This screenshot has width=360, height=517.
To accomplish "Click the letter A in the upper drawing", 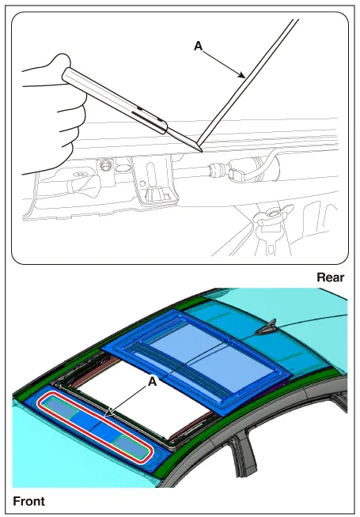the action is (198, 46).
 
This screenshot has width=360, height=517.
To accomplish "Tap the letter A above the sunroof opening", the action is (152, 382).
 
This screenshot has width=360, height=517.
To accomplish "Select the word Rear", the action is (330, 277).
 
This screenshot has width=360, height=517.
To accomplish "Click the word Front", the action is (28, 501).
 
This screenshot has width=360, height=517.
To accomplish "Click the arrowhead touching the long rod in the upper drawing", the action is (242, 76).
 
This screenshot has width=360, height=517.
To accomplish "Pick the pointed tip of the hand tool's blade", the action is (202, 151).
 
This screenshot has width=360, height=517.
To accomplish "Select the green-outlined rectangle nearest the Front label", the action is (62, 408).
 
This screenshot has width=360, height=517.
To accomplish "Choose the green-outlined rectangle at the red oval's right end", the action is (130, 447).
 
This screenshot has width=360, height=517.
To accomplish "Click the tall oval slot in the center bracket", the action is (151, 172).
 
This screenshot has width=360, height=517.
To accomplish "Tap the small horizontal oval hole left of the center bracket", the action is (123, 168).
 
